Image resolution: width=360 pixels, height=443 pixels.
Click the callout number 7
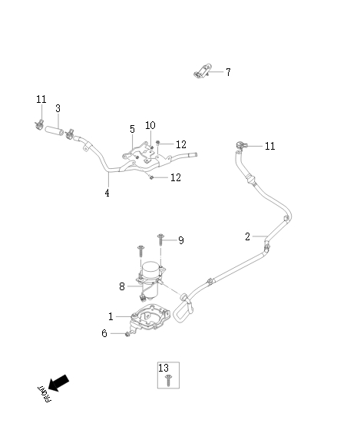tap(227, 72)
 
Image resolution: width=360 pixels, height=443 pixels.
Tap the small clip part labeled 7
tap(201, 72)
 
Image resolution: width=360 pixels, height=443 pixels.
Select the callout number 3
tap(58, 108)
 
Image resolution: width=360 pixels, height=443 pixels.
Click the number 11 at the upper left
tap(41, 99)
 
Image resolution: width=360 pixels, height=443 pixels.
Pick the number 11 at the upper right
tap(269, 146)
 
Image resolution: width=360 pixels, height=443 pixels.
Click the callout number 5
tap(132, 129)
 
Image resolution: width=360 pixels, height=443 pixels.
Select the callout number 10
tap(150, 124)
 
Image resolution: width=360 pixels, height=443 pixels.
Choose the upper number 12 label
tap(180, 144)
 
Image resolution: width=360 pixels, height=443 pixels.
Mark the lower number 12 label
tap(176, 177)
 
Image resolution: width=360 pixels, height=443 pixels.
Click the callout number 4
tap(107, 193)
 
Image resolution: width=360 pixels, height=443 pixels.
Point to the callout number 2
tap(247, 236)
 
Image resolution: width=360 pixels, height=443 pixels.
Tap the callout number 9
tap(181, 240)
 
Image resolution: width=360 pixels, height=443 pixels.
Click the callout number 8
tap(121, 286)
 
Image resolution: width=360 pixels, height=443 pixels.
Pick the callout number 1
tap(111, 316)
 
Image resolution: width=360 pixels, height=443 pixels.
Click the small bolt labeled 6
tap(125, 334)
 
